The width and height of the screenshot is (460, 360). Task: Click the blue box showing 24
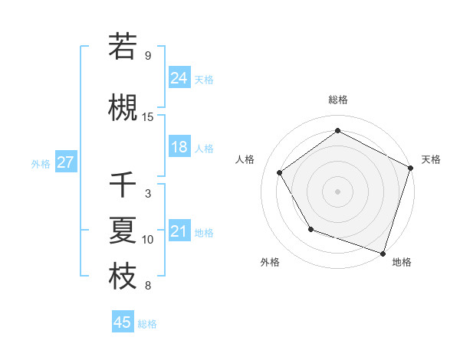(x=179, y=77)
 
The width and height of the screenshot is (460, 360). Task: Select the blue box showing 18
(x=179, y=147)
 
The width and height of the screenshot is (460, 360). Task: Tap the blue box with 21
(x=179, y=231)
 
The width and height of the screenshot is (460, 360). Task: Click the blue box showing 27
(x=65, y=162)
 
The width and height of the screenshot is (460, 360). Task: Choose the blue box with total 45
(x=123, y=322)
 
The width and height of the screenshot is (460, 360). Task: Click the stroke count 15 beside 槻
(x=148, y=116)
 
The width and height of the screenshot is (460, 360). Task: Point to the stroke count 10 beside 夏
(x=148, y=240)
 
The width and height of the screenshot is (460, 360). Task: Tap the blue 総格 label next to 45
(x=148, y=323)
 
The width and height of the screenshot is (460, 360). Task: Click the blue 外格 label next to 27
(x=41, y=163)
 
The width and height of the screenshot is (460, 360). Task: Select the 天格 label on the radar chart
(x=431, y=159)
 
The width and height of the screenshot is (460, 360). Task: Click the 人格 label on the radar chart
(x=245, y=159)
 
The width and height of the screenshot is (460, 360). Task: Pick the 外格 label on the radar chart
(x=270, y=262)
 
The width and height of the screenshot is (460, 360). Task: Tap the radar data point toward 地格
(x=383, y=253)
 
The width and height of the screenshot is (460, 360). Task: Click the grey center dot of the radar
(x=337, y=191)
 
